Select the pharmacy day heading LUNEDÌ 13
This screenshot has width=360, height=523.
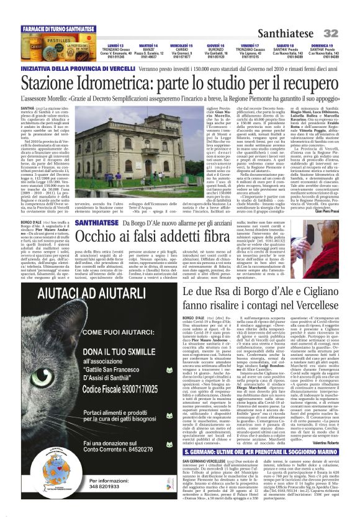tap(115, 45)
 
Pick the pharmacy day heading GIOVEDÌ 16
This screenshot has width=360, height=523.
tap(215, 45)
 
